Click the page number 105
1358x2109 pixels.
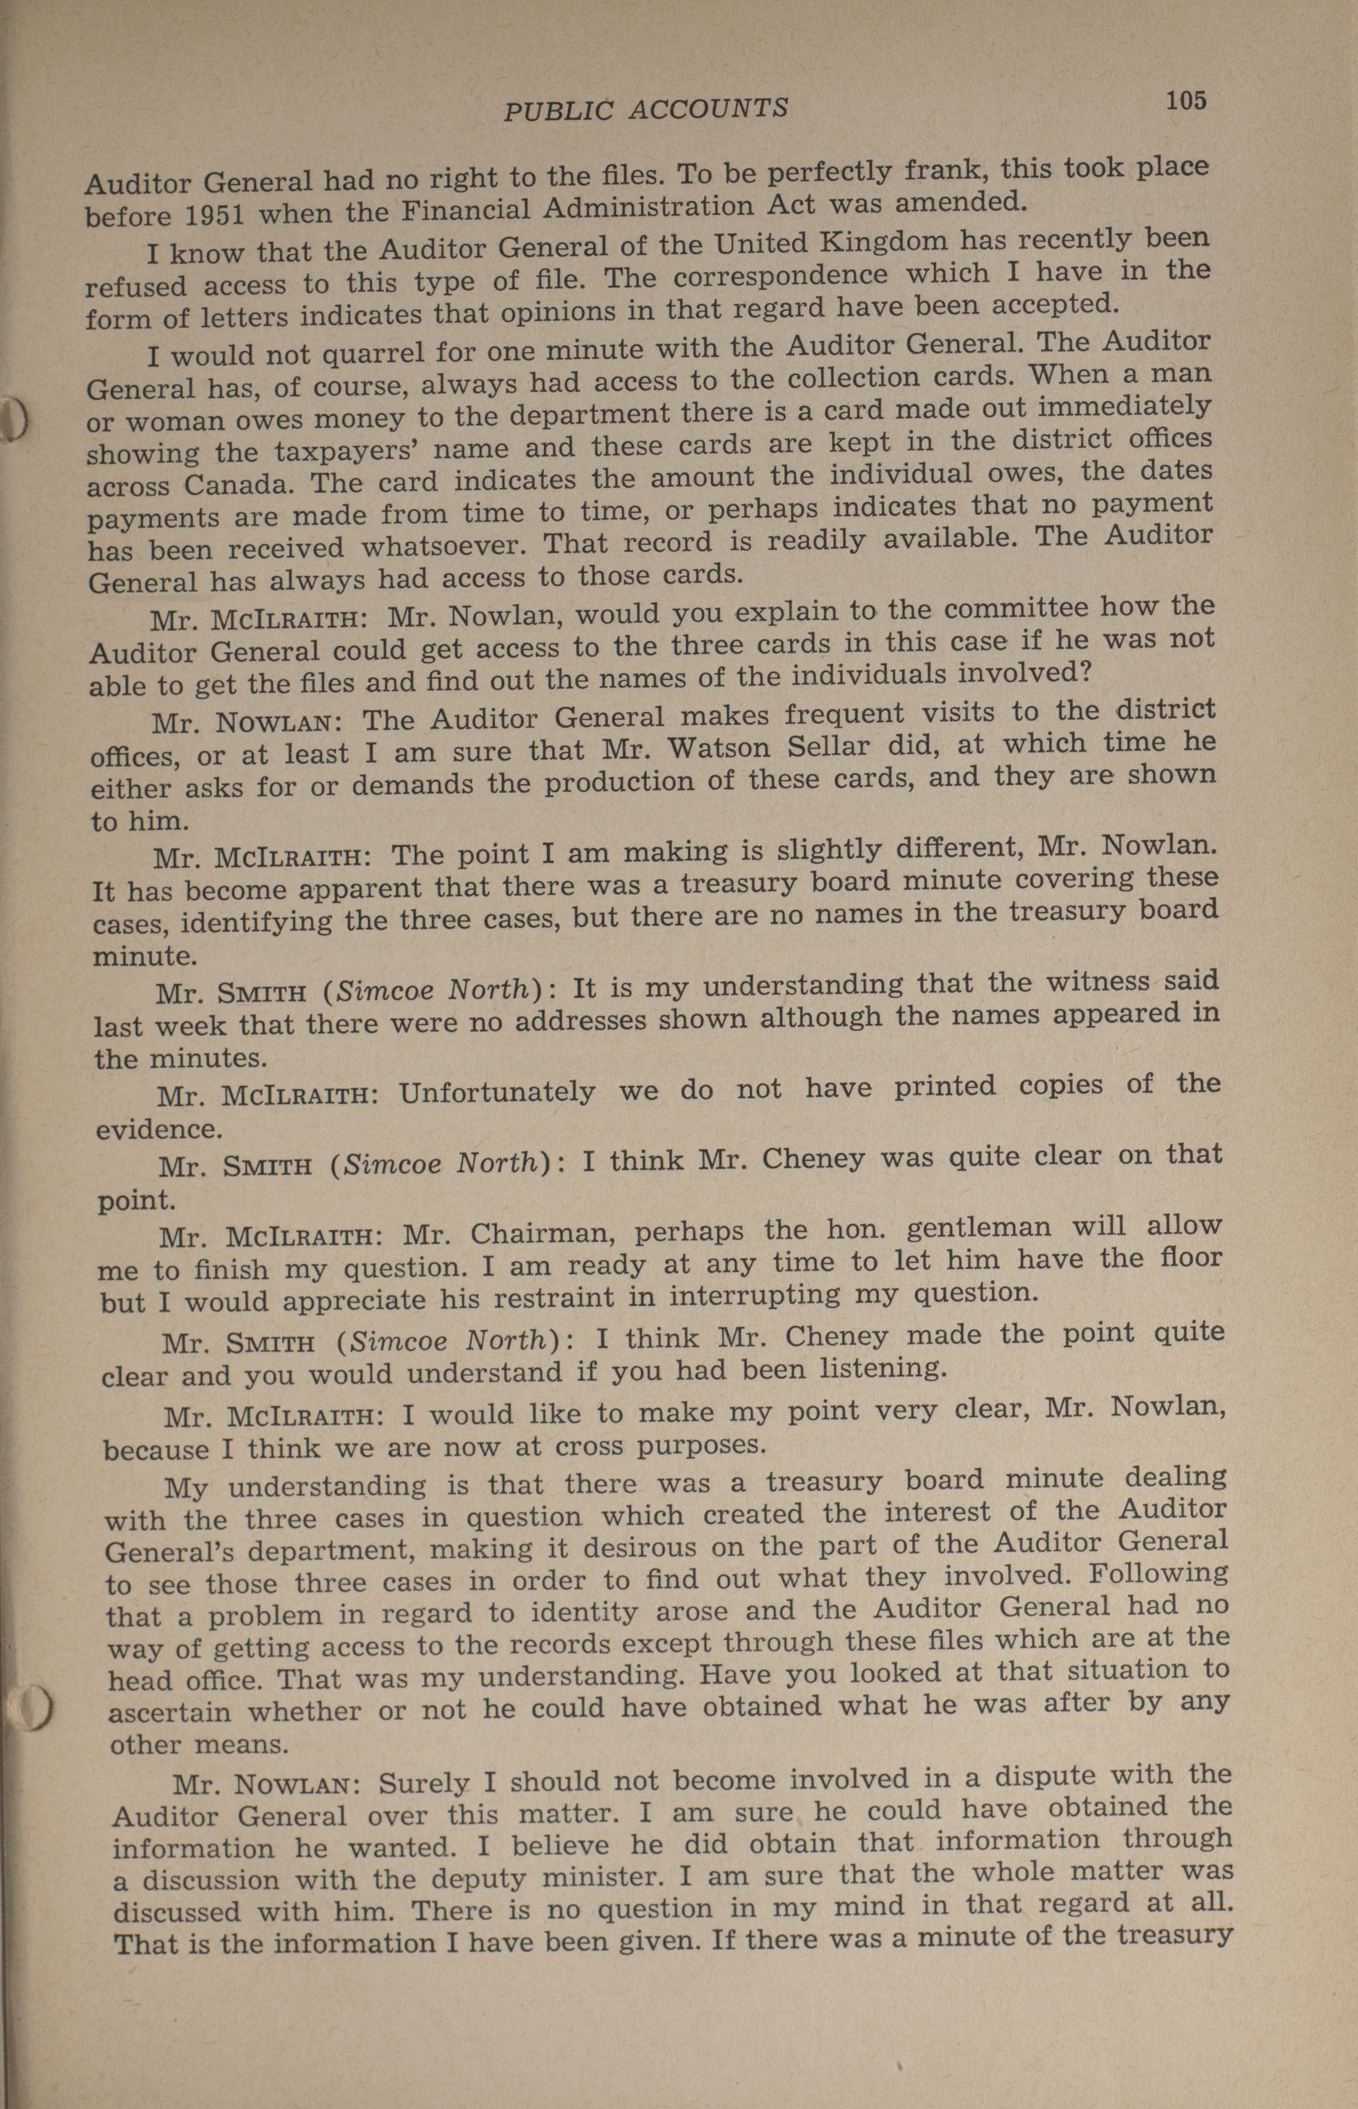point(1185,101)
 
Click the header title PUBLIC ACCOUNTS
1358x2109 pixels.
point(646,109)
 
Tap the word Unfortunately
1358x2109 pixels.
point(496,1093)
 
